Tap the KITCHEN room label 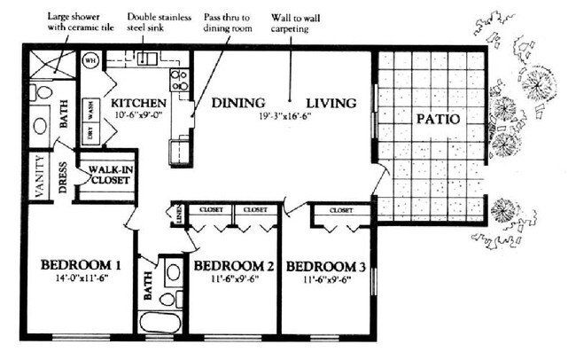tap(136, 103)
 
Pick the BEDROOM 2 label tap(233, 266)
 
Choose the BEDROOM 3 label tap(326, 266)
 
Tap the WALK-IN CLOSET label tap(108, 176)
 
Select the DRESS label tap(65, 176)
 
